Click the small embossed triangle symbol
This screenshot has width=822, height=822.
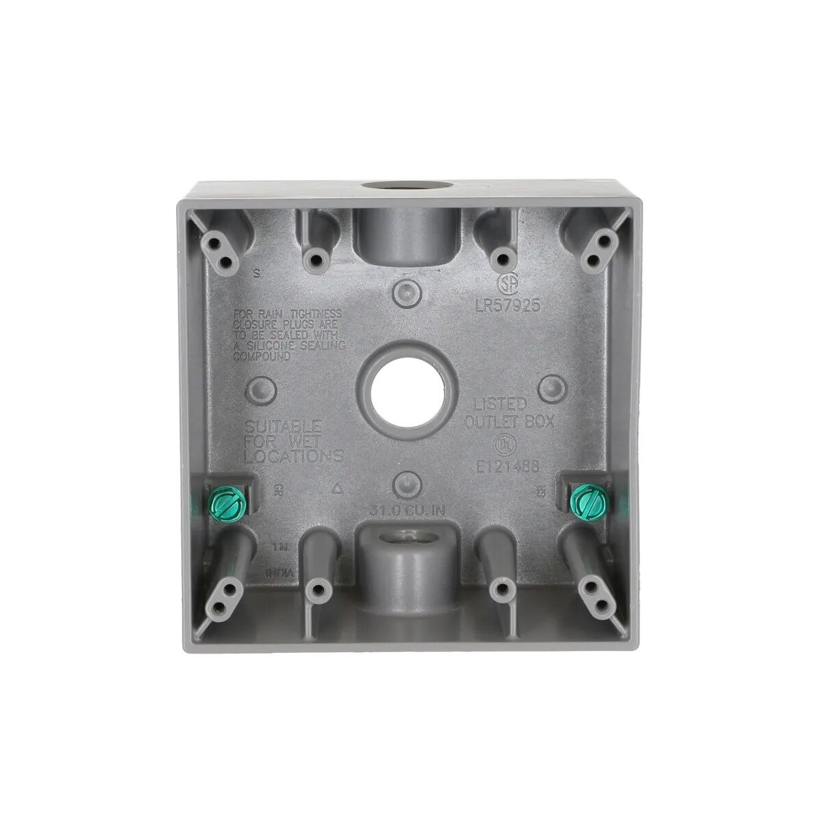(x=335, y=489)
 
